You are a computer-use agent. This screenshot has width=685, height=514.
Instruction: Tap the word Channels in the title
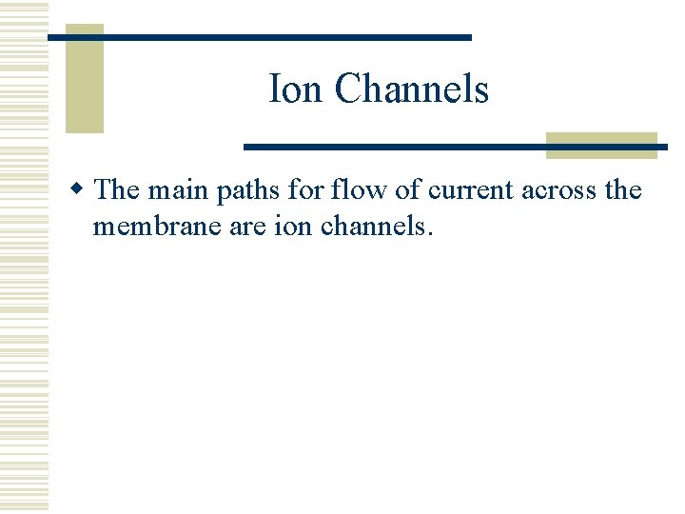pyautogui.click(x=411, y=89)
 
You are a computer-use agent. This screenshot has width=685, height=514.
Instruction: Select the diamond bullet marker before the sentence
pyautogui.click(x=83, y=189)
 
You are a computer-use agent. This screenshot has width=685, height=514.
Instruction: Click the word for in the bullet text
pyautogui.click(x=307, y=189)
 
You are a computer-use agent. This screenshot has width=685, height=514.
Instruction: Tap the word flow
pyautogui.click(x=358, y=189)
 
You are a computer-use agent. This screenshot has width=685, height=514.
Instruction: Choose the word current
pyautogui.click(x=471, y=190)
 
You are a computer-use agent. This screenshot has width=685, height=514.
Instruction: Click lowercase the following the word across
pyautogui.click(x=623, y=189)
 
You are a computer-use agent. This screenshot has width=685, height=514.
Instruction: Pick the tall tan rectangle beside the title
pyautogui.click(x=84, y=79)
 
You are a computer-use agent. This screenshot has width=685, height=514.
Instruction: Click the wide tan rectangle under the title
pyautogui.click(x=601, y=145)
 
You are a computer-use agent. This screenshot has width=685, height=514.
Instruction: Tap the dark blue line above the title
pyautogui.click(x=260, y=37)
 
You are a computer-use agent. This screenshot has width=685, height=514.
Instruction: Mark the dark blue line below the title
pyautogui.click(x=455, y=147)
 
